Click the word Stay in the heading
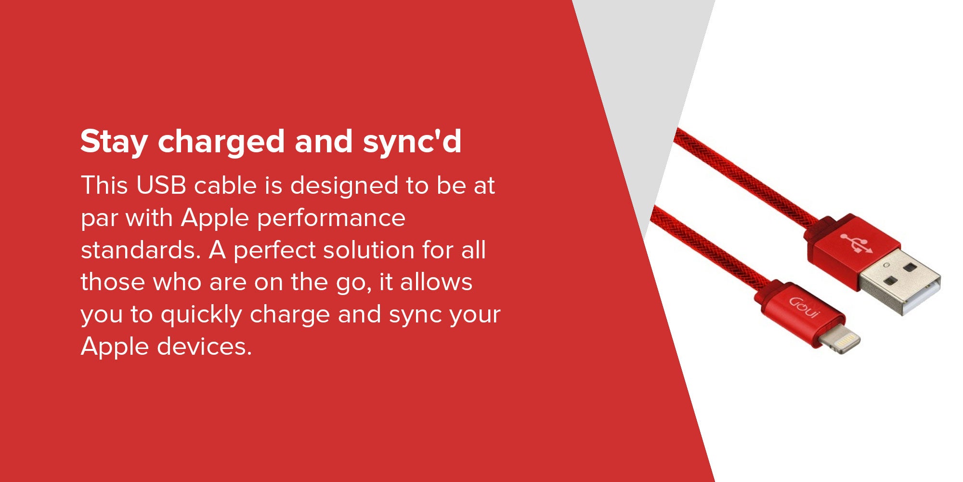point(114,142)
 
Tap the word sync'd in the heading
point(412,142)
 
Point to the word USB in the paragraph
point(161,186)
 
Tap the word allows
point(436,282)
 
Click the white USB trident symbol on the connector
point(856,243)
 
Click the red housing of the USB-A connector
point(853,251)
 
